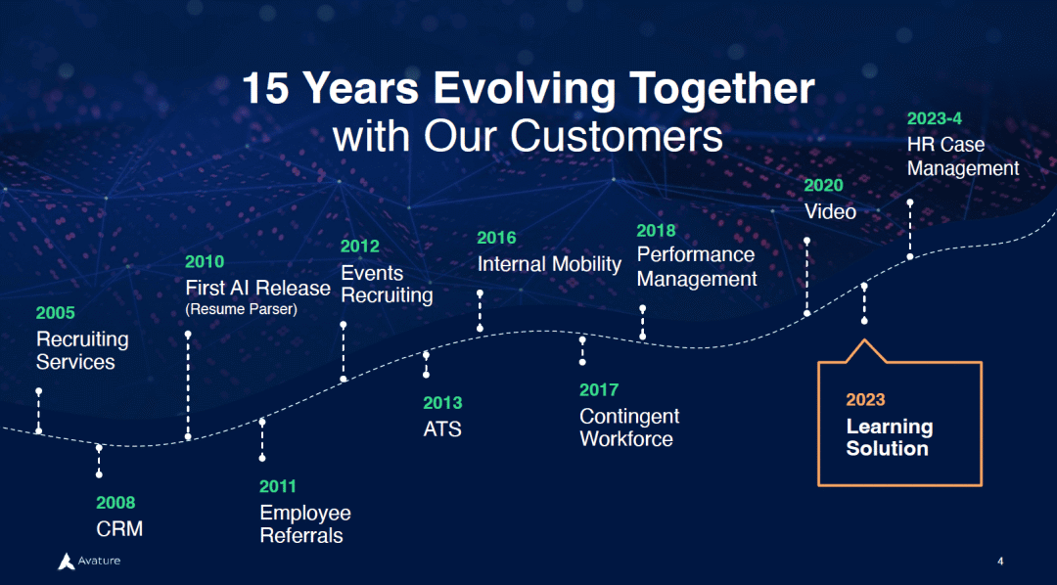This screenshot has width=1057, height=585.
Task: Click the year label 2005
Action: coord(55,313)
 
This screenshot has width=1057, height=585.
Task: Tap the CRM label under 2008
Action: coord(119,529)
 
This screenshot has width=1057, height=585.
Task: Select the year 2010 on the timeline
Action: coord(205,261)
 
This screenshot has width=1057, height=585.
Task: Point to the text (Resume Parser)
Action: coord(242,310)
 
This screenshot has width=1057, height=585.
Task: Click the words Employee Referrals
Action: coord(305,524)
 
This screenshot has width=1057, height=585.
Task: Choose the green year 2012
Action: coord(360,246)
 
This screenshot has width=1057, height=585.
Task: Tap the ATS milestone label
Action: coord(442,429)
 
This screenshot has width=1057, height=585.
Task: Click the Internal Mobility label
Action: coord(549,264)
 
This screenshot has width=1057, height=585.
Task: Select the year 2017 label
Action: coord(599,389)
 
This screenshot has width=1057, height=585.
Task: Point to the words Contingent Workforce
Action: coord(629,427)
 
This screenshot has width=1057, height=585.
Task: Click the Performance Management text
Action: coord(697,267)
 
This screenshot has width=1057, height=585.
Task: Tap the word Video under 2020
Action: coord(830,211)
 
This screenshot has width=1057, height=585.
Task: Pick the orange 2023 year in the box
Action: coord(865,400)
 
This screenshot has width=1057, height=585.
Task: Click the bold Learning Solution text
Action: coord(890,437)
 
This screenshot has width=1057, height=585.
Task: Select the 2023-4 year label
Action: coord(935,118)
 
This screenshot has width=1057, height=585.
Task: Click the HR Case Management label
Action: coord(963,157)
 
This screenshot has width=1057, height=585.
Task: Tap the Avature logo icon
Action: coord(67,561)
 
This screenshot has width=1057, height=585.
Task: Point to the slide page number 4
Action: coord(1000,562)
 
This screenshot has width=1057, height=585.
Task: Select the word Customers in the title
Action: coord(617,136)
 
